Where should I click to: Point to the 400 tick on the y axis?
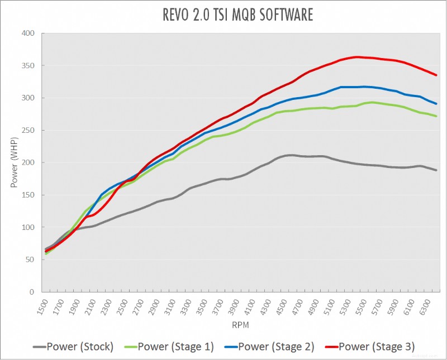(28, 33)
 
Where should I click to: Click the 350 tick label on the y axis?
(28, 66)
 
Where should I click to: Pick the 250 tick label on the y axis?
(28, 131)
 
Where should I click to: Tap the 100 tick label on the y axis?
(28, 228)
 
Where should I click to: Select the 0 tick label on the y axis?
(32, 292)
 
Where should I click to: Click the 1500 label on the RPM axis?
(40, 306)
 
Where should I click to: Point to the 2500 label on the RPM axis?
(122, 306)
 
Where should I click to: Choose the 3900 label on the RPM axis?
(237, 306)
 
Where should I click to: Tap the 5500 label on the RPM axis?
(368, 306)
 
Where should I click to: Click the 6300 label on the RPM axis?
(433, 306)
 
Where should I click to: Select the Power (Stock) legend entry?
(73, 347)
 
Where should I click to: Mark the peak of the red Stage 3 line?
(357, 57)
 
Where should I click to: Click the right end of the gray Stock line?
(436, 170)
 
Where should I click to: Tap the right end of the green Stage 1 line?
(436, 116)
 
